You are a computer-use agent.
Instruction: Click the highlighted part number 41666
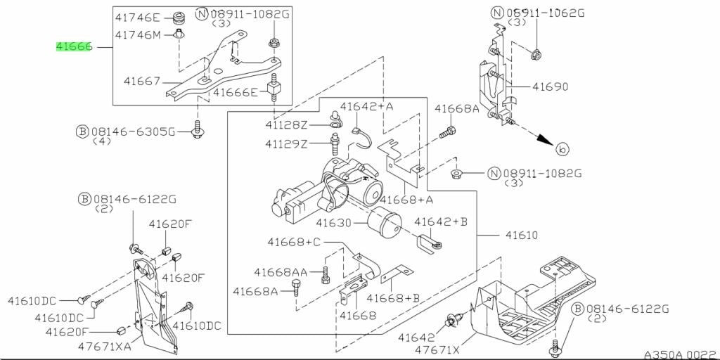click(x=75, y=47)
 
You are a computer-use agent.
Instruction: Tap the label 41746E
click(x=137, y=18)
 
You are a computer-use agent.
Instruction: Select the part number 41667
click(x=142, y=82)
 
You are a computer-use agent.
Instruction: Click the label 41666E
click(x=236, y=93)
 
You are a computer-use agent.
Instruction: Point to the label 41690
click(x=550, y=86)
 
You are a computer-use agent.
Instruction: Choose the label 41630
click(x=334, y=224)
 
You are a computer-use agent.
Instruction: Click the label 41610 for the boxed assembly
click(x=521, y=235)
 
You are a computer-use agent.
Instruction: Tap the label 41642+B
click(x=441, y=221)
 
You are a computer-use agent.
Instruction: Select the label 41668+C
click(x=294, y=242)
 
